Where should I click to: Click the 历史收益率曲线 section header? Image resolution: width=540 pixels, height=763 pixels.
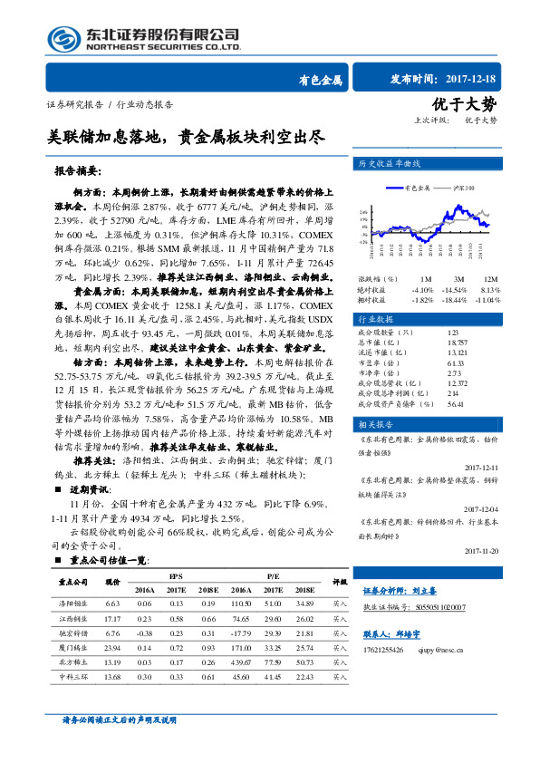386,164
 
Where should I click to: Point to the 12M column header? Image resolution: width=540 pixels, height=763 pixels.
491,278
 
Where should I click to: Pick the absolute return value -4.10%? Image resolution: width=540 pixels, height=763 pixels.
421,288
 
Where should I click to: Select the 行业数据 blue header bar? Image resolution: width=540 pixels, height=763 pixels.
426,320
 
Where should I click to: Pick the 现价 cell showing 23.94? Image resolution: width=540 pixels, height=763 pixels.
112,648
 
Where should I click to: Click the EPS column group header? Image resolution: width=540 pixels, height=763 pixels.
174,576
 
